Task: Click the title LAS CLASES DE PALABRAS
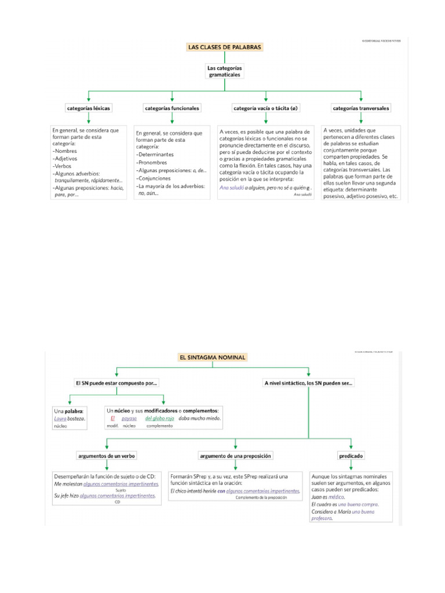click(225, 47)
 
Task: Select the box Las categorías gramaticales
click(224, 72)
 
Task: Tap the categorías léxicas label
click(89, 108)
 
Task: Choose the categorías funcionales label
click(172, 108)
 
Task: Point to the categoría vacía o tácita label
click(266, 108)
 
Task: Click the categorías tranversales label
click(361, 108)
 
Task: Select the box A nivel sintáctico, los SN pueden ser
click(308, 383)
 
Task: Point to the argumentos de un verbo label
click(107, 456)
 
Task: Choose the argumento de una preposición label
click(235, 456)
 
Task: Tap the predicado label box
click(351, 456)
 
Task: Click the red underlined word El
click(113, 418)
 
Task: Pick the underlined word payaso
click(129, 418)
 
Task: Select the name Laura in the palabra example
click(61, 418)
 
